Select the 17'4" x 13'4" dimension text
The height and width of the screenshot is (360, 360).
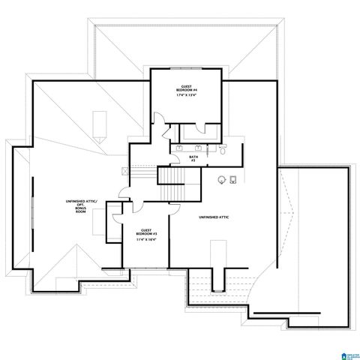point(187,95)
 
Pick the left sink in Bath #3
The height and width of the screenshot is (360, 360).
point(180,149)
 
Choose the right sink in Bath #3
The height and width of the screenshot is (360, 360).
point(199,149)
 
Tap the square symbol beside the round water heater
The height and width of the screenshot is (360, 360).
point(233,178)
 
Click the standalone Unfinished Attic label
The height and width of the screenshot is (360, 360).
point(213,217)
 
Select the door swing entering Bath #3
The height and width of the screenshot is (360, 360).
point(165,135)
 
